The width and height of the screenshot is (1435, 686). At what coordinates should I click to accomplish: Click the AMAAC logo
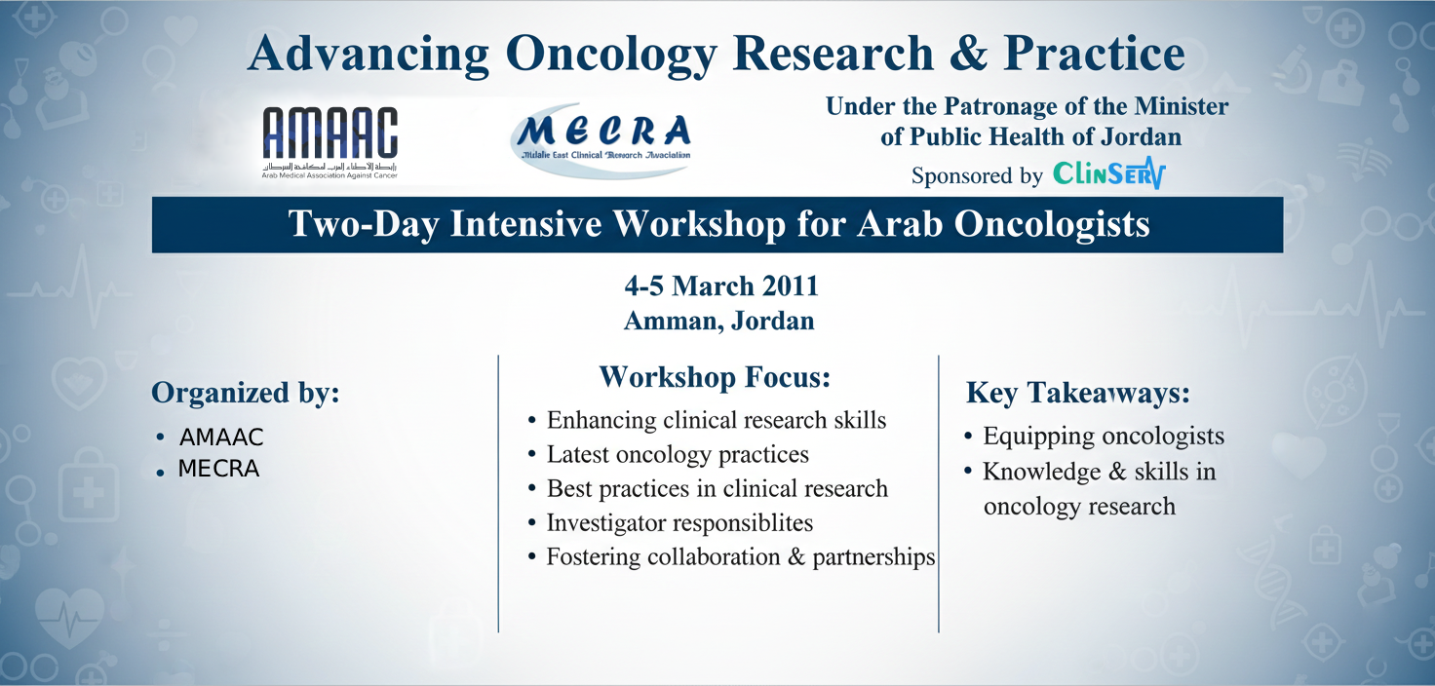[x=330, y=142]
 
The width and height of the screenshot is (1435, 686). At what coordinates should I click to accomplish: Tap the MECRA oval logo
[x=601, y=139]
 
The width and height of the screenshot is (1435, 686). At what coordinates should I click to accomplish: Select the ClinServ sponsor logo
[x=1109, y=174]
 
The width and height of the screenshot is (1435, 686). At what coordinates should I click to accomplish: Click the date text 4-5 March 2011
[x=720, y=286]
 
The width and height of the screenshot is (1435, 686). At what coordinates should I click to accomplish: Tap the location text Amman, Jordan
[x=719, y=321]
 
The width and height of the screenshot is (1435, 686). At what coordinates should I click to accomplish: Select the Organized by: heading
[x=246, y=393]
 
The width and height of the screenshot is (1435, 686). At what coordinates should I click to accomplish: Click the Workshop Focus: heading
[x=715, y=377]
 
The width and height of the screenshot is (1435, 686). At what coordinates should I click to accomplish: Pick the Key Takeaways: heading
[x=1078, y=394]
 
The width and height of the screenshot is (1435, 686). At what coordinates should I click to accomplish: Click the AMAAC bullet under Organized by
[x=221, y=438]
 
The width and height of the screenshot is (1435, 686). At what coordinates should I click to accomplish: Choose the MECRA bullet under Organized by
[x=218, y=470]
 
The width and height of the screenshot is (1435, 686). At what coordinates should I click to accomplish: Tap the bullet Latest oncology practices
[x=678, y=454]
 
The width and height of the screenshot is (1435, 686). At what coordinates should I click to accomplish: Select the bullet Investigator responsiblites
[x=679, y=522]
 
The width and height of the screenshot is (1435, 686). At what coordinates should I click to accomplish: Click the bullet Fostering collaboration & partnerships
[x=740, y=557]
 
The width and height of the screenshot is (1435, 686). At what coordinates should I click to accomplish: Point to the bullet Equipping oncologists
[x=1103, y=437]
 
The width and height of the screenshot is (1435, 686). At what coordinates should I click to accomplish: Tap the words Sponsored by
[x=977, y=176]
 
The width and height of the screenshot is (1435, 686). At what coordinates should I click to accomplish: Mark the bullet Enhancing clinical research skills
[x=717, y=420]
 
